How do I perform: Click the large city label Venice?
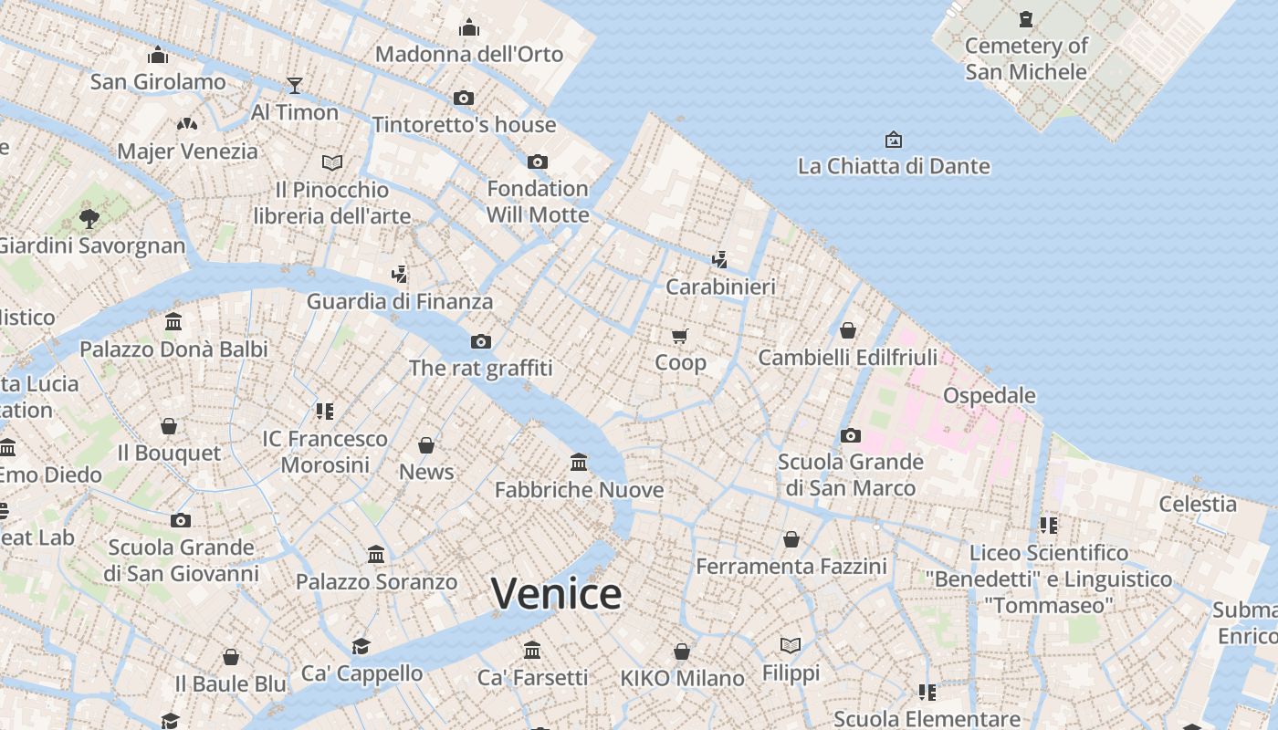tap(556, 594)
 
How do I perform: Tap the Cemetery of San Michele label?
tap(1026, 58)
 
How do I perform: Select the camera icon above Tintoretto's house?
tap(464, 98)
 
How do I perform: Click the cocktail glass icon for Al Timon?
tap(294, 86)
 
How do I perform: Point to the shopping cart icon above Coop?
tap(679, 337)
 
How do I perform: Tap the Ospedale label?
tap(989, 395)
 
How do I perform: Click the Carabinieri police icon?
tap(720, 259)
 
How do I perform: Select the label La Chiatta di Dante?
tap(893, 166)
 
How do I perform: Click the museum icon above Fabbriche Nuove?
tap(578, 462)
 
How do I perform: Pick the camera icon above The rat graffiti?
tap(481, 341)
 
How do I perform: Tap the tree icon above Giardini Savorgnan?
tap(89, 218)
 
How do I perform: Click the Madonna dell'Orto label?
tap(469, 54)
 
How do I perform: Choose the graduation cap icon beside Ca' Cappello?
tap(361, 646)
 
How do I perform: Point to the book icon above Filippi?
tap(791, 645)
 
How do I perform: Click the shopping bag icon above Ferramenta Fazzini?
tap(791, 539)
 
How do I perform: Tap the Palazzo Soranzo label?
tap(376, 581)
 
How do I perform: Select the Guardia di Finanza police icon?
tap(399, 274)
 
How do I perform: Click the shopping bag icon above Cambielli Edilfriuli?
tap(848, 330)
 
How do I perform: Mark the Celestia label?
tap(1198, 504)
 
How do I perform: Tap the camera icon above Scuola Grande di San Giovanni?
tap(181, 520)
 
